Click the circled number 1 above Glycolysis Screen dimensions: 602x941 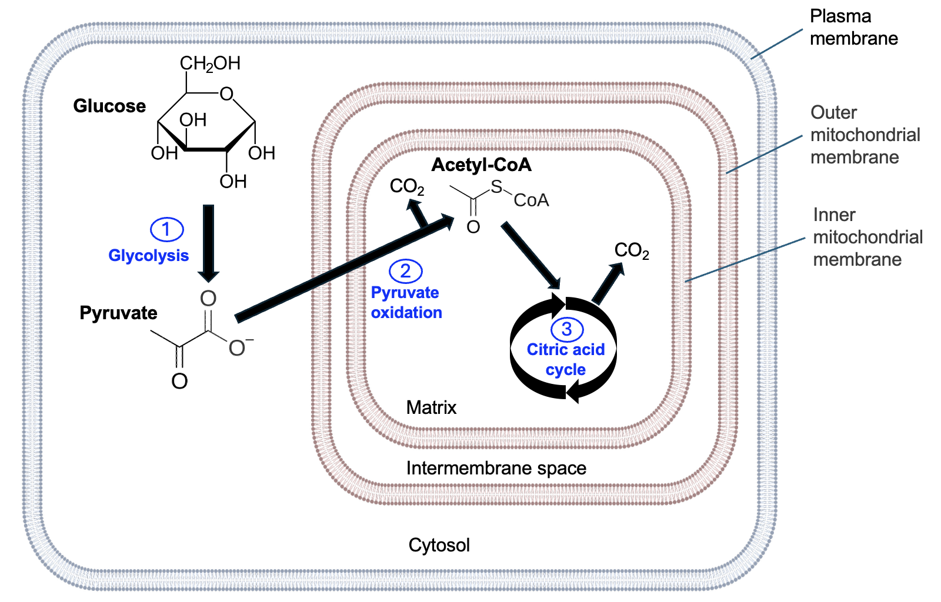click(x=167, y=229)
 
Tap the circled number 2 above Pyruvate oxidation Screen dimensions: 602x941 click(x=406, y=271)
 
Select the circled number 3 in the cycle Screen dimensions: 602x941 click(x=567, y=329)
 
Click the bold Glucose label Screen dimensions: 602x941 click(x=109, y=106)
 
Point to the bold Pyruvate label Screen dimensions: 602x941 click(x=118, y=313)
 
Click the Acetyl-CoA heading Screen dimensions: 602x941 click(x=481, y=165)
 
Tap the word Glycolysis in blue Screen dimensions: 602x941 click(x=148, y=255)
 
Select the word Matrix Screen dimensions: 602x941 click(x=431, y=407)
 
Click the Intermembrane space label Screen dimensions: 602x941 click(x=496, y=468)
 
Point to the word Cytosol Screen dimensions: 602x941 click(x=439, y=545)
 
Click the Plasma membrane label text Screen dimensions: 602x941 click(x=853, y=27)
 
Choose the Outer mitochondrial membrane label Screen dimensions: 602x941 click(x=865, y=135)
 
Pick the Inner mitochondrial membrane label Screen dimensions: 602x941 click(x=867, y=237)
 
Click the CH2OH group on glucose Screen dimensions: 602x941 click(x=210, y=63)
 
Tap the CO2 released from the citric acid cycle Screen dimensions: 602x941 click(x=632, y=250)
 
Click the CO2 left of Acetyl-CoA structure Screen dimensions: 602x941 click(x=407, y=187)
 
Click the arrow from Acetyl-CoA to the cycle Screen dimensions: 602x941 click(x=530, y=256)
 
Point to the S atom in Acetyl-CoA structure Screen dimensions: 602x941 click(x=497, y=187)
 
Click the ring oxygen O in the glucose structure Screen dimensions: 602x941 click(x=226, y=94)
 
